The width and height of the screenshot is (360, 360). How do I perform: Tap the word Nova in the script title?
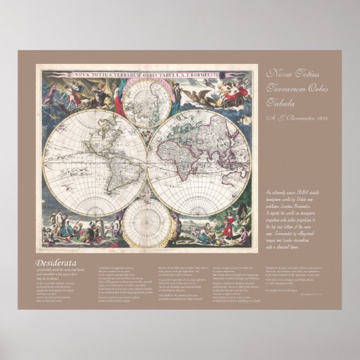point(281,73)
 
